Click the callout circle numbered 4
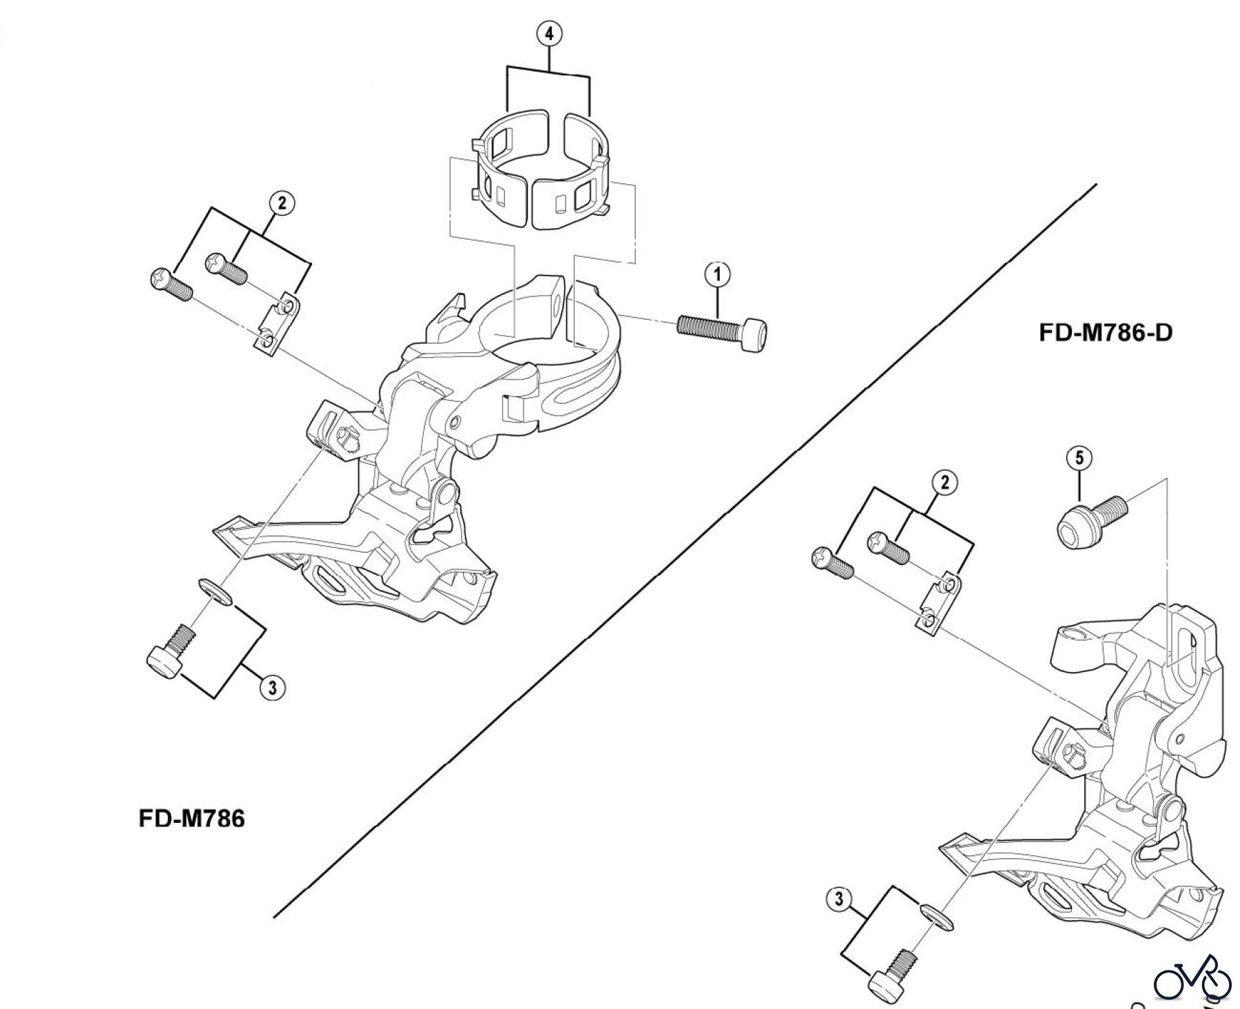(549, 34)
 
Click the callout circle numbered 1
(717, 275)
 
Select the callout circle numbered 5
(1079, 457)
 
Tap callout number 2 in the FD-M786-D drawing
(944, 482)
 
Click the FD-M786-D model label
(1105, 333)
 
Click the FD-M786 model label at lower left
(192, 819)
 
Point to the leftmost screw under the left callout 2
(169, 284)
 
